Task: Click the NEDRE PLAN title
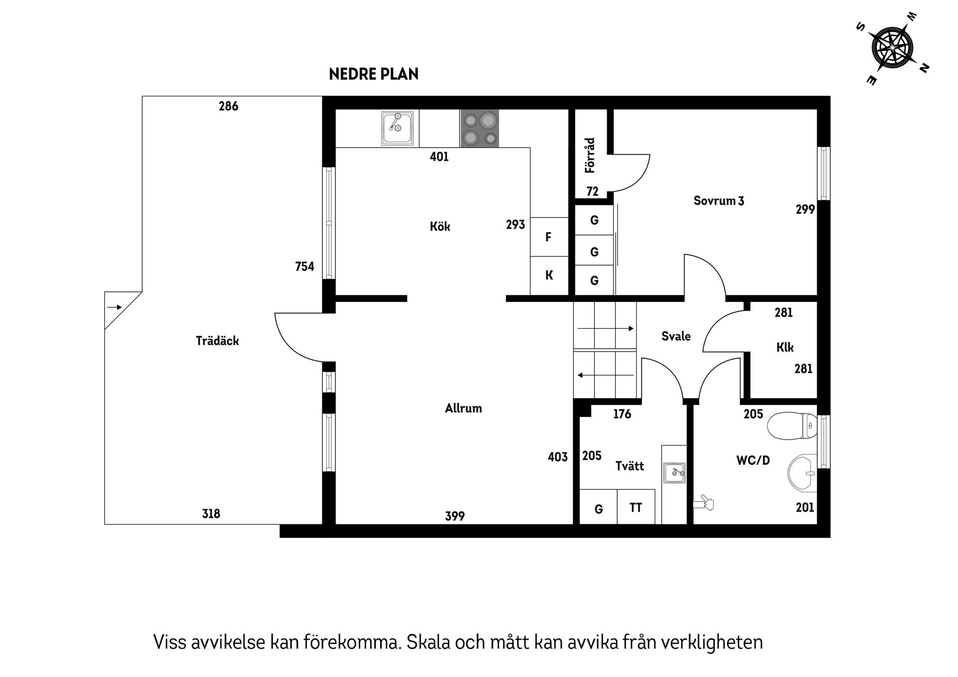click(374, 74)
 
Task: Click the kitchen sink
click(397, 128)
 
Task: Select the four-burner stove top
click(479, 129)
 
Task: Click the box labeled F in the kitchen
click(549, 237)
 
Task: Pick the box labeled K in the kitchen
click(549, 275)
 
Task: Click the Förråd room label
click(590, 155)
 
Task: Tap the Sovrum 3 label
click(718, 201)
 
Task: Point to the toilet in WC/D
click(792, 426)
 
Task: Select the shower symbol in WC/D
click(704, 503)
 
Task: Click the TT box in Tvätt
click(636, 508)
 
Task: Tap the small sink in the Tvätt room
click(674, 472)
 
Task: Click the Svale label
click(676, 336)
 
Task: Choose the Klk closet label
click(784, 347)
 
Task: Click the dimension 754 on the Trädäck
click(304, 267)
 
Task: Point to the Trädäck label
click(217, 341)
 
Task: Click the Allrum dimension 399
click(455, 516)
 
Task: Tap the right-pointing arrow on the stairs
click(605, 328)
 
